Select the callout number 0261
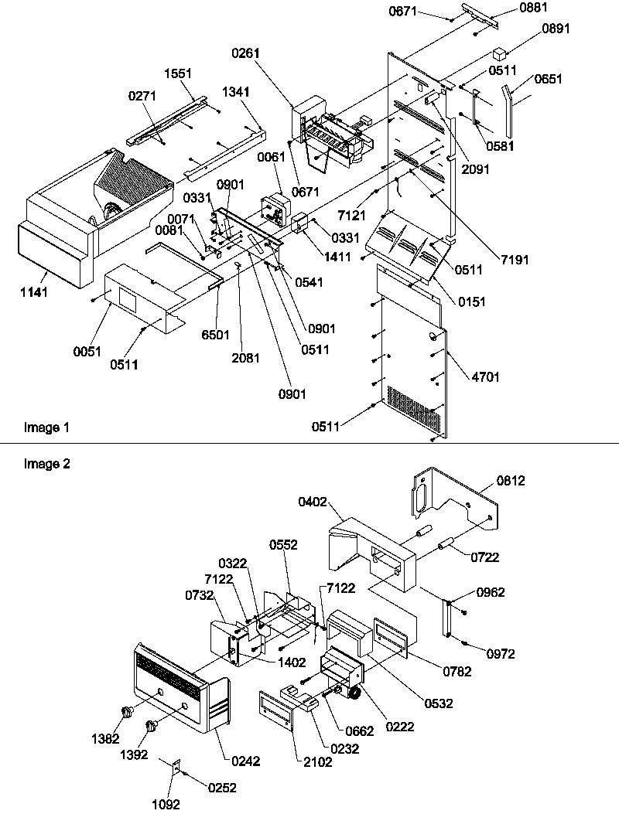pyautogui.click(x=245, y=53)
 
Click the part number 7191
pyautogui.click(x=515, y=260)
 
